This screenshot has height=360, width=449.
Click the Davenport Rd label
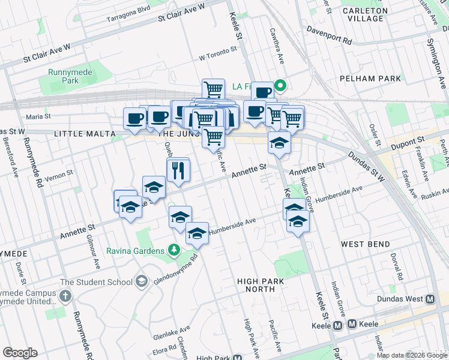[328, 35]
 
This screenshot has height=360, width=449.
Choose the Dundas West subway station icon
[430, 299]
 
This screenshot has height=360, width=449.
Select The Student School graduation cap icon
[142, 281]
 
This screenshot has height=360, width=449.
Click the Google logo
[20, 353]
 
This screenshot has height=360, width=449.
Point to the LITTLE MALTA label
[84, 134]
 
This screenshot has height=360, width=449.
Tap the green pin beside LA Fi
[280, 86]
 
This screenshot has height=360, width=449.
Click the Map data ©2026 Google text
[411, 355]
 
